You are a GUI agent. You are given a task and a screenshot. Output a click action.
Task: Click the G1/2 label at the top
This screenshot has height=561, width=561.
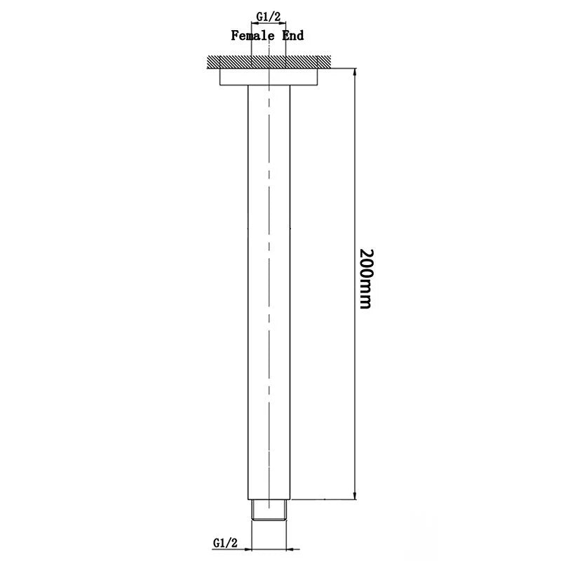269,17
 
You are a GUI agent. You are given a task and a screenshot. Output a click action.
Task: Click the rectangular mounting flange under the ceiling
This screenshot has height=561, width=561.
270,76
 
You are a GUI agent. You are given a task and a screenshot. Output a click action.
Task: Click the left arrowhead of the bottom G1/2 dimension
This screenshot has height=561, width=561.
248,548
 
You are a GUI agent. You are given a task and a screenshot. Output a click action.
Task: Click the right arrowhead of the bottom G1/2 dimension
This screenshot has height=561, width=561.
292,548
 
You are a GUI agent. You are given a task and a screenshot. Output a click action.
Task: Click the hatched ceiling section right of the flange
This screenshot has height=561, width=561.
326,62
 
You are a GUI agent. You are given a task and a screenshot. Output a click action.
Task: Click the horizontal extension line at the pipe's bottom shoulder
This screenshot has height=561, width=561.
323,499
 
